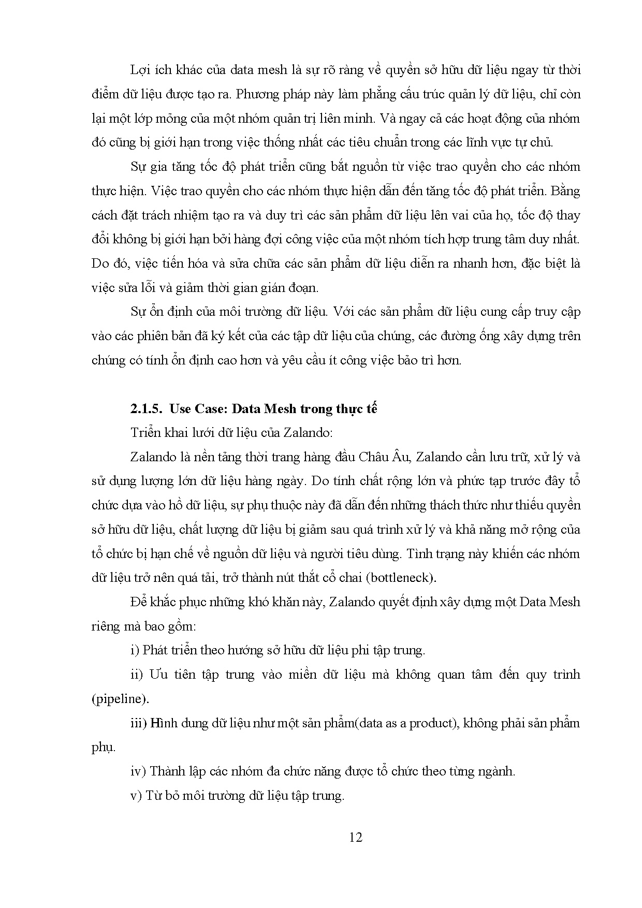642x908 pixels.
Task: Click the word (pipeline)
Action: click(120, 699)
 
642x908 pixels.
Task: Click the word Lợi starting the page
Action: click(140, 70)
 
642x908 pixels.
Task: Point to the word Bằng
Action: click(566, 191)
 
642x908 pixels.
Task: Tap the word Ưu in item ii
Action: click(157, 675)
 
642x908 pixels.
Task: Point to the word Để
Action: click(138, 602)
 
